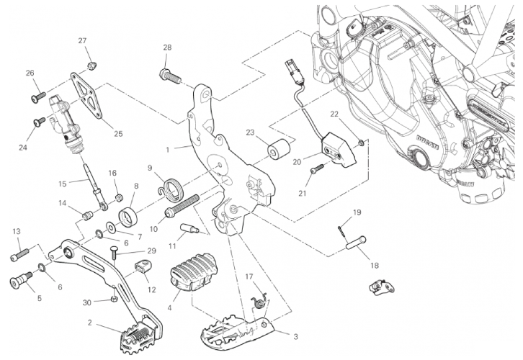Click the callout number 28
(x=167, y=48)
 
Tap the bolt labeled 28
(x=166, y=73)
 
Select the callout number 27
(x=82, y=41)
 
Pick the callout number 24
(x=22, y=148)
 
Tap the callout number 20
(x=296, y=162)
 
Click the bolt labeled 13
(x=19, y=254)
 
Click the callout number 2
(x=89, y=323)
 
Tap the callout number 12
(x=151, y=289)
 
